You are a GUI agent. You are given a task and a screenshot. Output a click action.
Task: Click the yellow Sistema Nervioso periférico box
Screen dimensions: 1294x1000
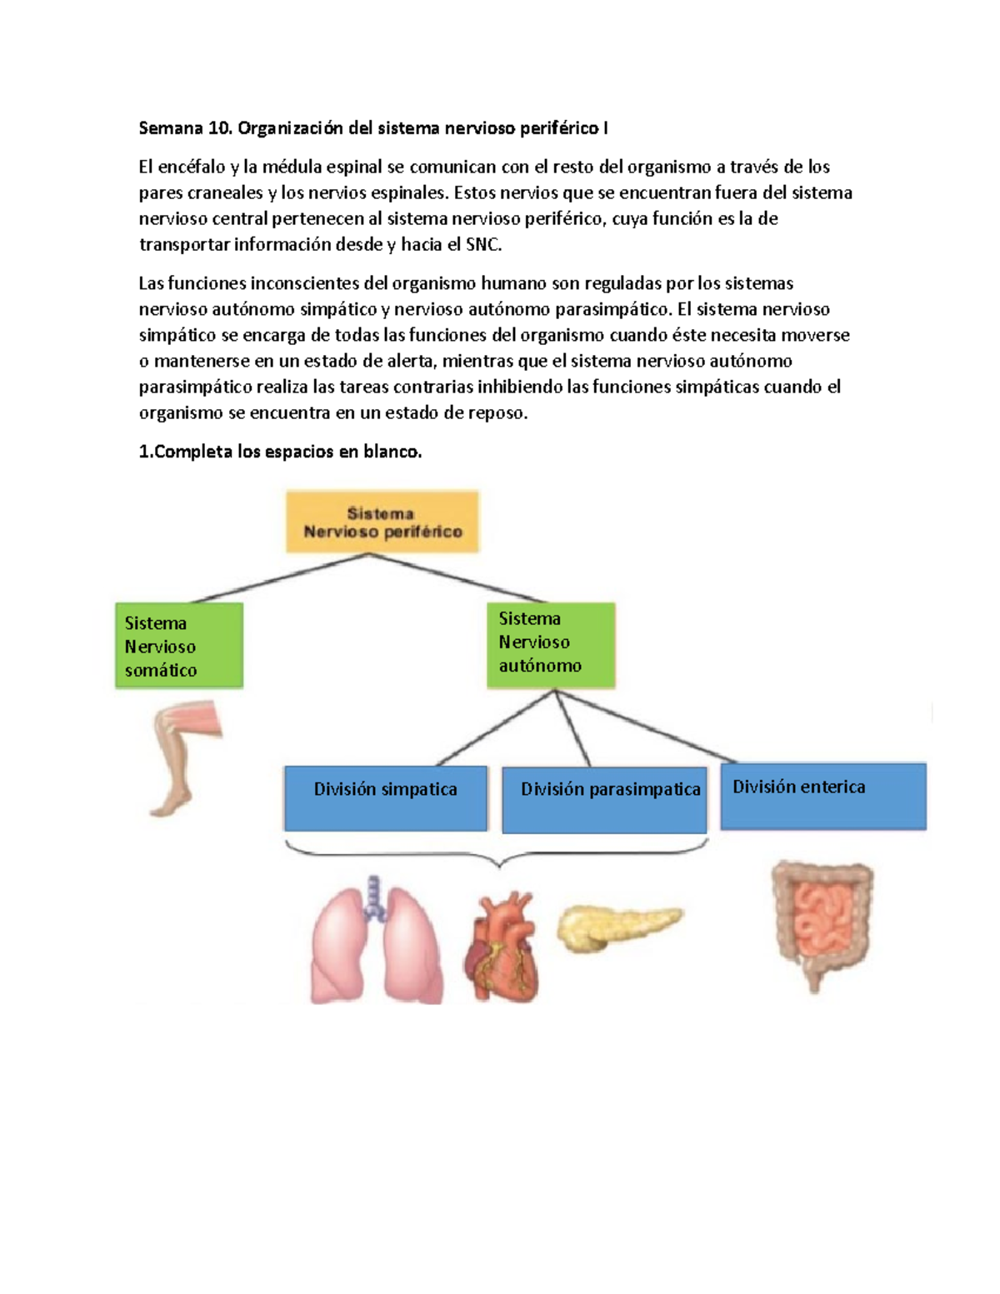coord(382,522)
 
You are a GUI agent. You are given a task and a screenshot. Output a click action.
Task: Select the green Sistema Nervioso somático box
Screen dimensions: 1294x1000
coord(179,646)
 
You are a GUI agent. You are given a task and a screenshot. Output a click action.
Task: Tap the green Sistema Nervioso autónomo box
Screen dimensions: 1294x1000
coord(551,644)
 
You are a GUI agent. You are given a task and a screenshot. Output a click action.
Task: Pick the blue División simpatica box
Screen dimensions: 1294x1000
coord(386,798)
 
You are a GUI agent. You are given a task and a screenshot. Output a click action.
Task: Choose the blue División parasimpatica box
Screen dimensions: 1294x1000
coord(604,800)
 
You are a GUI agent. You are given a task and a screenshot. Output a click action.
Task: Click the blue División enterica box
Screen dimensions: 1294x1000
coord(823,796)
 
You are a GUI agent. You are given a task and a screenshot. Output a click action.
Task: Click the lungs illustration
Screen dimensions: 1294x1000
coord(377,946)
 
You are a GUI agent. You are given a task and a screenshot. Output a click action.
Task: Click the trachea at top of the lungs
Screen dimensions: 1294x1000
coord(373,896)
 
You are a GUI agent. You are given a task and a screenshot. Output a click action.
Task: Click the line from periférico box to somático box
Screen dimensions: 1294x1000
coord(279,578)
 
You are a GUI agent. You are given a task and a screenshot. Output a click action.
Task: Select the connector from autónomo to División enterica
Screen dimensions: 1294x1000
coord(646,727)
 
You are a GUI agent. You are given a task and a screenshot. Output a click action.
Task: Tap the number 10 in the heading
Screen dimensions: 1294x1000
coord(219,128)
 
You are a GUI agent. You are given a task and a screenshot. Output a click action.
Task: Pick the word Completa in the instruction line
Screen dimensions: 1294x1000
coord(193,452)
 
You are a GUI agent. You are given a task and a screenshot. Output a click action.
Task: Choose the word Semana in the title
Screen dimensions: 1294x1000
coord(171,128)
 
